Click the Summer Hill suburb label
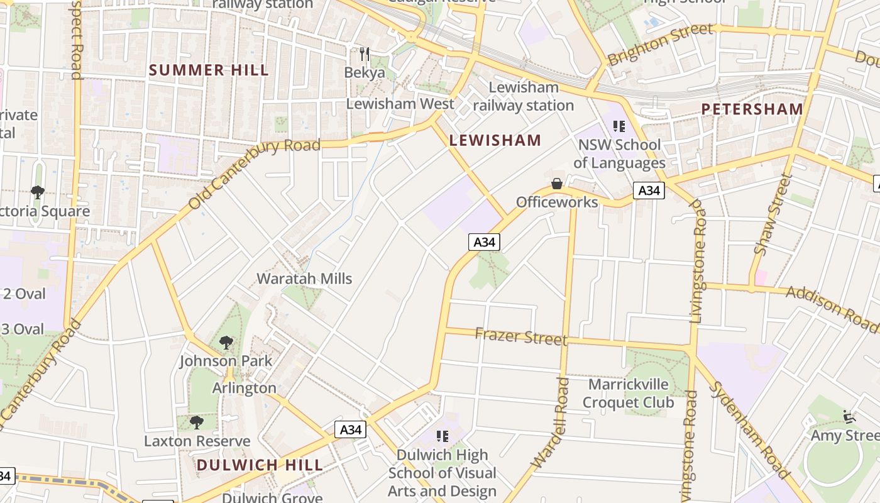click(x=209, y=70)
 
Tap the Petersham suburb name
click(x=752, y=109)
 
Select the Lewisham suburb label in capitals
click(x=495, y=140)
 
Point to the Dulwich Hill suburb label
click(x=260, y=465)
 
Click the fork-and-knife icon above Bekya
click(x=364, y=54)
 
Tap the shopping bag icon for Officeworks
click(x=556, y=184)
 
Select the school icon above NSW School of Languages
click(x=619, y=126)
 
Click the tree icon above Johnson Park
click(x=226, y=343)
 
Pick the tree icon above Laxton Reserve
click(x=197, y=422)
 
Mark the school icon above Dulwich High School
click(x=442, y=436)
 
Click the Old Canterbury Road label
click(x=254, y=174)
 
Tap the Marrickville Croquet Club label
click(x=627, y=393)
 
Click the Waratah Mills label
click(x=304, y=279)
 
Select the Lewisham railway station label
click(x=523, y=96)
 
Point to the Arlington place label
click(x=244, y=388)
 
